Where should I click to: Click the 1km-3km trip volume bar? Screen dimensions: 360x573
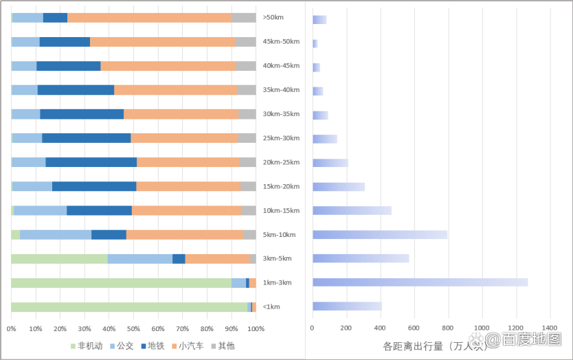tap(420, 282)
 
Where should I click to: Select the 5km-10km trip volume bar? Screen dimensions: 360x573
tap(380, 234)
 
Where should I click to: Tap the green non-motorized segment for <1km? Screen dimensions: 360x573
tap(129, 306)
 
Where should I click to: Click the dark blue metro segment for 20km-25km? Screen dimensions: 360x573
tap(91, 162)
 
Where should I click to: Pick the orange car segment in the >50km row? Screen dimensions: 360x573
tap(150, 18)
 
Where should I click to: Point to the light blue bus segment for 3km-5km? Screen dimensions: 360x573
tap(140, 258)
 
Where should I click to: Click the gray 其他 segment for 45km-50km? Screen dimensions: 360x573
tap(245, 42)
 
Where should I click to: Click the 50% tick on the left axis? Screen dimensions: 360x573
tap(134, 329)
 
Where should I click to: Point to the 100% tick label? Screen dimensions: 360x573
tap(256, 329)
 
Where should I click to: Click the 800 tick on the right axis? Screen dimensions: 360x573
tap(448, 329)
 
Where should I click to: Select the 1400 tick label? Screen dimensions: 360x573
tap(550, 329)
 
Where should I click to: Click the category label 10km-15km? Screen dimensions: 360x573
tap(282, 210)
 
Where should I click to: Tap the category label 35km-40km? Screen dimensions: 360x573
tap(282, 90)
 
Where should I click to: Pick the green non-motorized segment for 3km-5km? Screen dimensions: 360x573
tap(59, 258)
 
